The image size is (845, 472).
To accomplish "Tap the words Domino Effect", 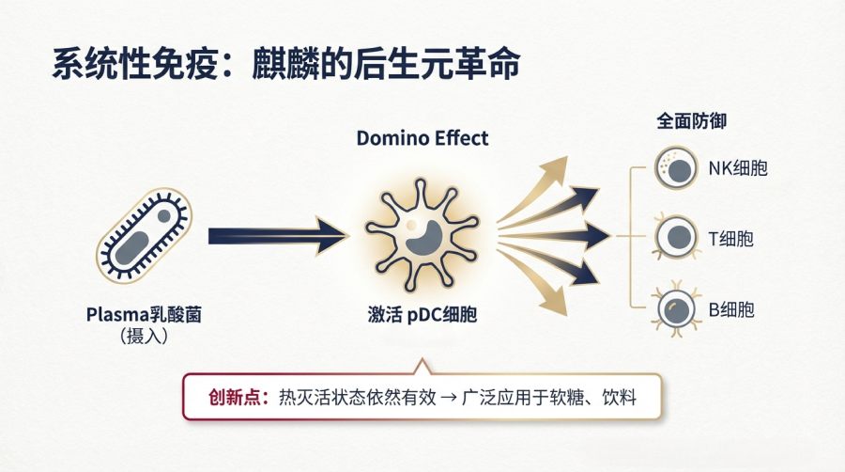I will point(422,138).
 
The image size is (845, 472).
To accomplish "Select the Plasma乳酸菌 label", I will point(144,315).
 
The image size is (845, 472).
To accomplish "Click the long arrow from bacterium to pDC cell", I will point(277,236).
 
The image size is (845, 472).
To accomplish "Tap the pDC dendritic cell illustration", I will point(422,234).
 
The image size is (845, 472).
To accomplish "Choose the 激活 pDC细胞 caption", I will point(422,315).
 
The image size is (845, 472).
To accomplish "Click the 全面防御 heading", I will point(692,121).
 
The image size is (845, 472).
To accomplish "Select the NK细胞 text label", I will point(731,169).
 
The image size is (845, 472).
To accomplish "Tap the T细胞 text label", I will point(730,239).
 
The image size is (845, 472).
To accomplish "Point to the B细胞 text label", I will point(730,308).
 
